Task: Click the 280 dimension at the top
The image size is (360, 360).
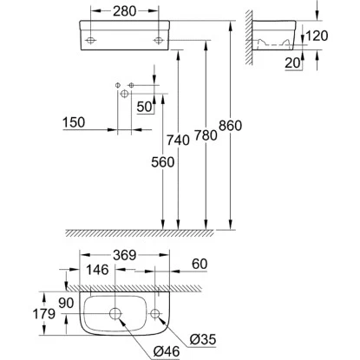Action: pos(124,11)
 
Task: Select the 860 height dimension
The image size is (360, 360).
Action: pos(230,126)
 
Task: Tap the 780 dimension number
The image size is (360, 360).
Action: pos(206,135)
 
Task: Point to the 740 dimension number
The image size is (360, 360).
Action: pos(178,141)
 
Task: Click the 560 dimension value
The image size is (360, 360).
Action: pos(163,162)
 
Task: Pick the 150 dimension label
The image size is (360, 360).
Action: pos(74,122)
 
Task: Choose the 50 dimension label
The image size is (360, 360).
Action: pos(144,107)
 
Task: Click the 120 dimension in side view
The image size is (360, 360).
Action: pos(317,36)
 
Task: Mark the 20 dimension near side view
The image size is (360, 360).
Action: pos(292,62)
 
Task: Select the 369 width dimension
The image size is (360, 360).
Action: pos(124,255)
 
